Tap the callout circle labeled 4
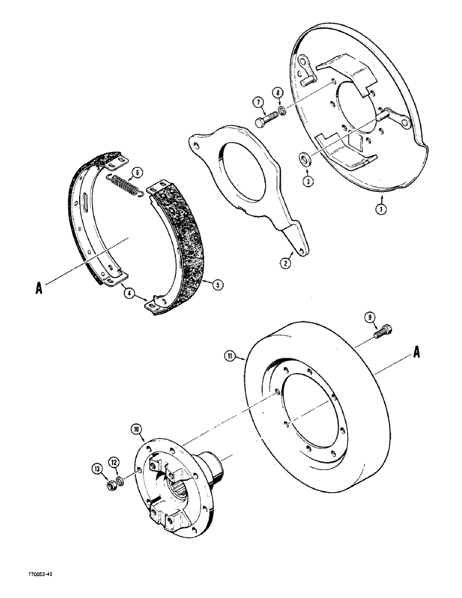[x=127, y=292]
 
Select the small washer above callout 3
[x=305, y=158]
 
